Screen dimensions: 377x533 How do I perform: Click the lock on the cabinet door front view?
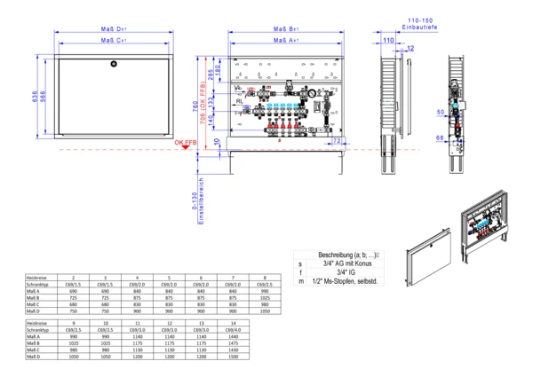113,64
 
